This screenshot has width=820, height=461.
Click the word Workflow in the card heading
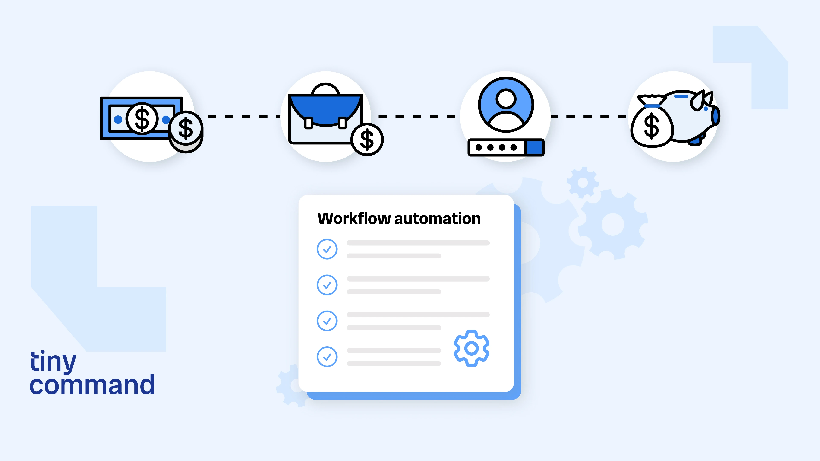coord(354,219)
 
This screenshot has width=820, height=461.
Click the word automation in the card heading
coord(437,219)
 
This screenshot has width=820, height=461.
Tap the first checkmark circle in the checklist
coord(327,249)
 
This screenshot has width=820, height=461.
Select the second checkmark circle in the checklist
coord(327,285)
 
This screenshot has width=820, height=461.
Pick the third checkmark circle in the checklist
coord(327,321)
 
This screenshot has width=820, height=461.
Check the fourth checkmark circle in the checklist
coord(327,357)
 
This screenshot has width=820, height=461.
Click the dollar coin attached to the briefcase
coord(367,139)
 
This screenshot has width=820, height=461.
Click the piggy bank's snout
coord(716,116)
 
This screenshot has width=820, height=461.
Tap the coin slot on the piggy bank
coord(681,96)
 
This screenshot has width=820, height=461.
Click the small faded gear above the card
coord(583,183)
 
